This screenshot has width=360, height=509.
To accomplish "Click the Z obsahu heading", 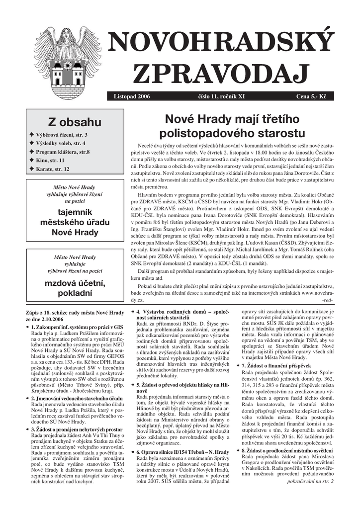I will point(74,122).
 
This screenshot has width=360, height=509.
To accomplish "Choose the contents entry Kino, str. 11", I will point(50,161).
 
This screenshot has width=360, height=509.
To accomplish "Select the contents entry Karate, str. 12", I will point(52,169).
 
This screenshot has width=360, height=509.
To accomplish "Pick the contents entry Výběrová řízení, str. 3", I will point(61,135).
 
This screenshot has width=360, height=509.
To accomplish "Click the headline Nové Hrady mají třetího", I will point(232,119).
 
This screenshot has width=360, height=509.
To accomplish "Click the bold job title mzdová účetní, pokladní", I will point(75,288).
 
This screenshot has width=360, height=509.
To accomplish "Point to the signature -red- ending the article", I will point(327,301).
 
